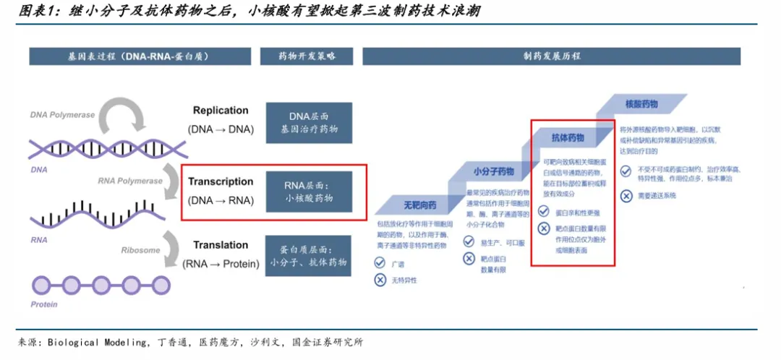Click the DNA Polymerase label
coord(62,115)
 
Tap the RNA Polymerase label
coord(130,181)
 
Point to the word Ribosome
coord(140,250)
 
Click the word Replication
coord(221,111)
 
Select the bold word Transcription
coord(221,181)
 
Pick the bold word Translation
coord(221,245)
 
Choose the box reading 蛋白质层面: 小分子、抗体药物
coord(309,255)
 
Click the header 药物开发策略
coord(307,56)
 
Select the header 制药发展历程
coord(551,56)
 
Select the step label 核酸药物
coord(641,104)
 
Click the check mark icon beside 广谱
coord(380,265)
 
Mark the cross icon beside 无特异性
coord(380,280)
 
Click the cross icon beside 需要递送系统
coord(626,195)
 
